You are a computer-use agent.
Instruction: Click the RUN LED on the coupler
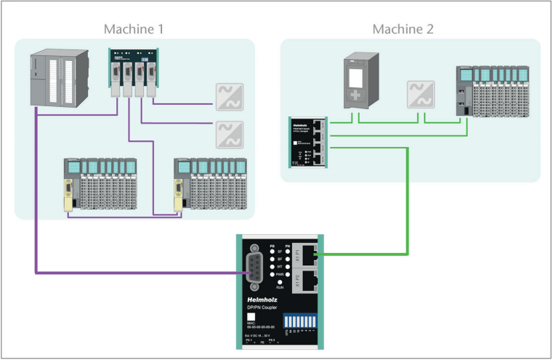(280, 282)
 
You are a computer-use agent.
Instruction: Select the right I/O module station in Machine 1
(210, 185)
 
